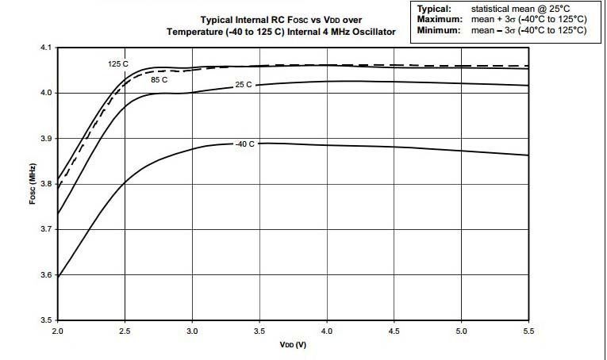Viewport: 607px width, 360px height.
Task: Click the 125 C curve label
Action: click(x=118, y=63)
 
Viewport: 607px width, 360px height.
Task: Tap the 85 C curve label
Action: click(x=159, y=79)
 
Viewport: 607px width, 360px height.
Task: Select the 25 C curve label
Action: click(x=244, y=84)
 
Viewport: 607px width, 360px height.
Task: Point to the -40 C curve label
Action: click(x=244, y=144)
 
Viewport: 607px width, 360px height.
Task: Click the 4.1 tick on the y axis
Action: click(x=44, y=48)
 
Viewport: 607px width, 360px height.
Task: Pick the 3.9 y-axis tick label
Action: click(x=44, y=139)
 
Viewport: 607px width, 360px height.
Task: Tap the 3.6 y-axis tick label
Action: click(x=44, y=275)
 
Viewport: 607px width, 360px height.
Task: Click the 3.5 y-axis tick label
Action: click(x=44, y=320)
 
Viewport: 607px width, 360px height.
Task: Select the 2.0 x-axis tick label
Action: click(x=57, y=329)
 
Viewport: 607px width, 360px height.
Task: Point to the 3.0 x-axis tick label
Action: click(x=192, y=329)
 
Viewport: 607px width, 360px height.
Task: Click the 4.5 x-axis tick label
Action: click(x=394, y=329)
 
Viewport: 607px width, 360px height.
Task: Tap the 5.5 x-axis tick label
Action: click(x=528, y=329)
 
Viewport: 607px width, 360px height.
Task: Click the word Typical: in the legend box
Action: click(x=434, y=9)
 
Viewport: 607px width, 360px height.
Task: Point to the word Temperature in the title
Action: click(x=196, y=32)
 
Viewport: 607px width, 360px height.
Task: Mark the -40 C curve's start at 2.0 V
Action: click(x=58, y=276)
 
